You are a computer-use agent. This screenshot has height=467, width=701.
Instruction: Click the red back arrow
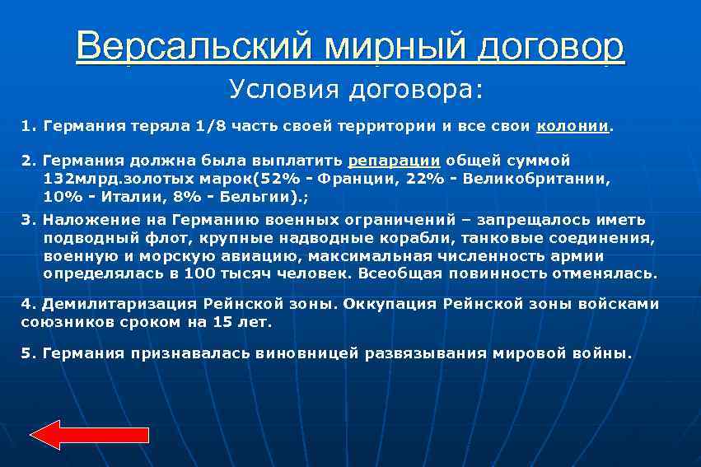[x=90, y=433]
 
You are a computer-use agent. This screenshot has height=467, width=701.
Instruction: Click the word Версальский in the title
[x=193, y=47]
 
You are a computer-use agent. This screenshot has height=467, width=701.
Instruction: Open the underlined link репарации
[x=394, y=161]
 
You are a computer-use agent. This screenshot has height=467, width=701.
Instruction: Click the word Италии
[x=131, y=197]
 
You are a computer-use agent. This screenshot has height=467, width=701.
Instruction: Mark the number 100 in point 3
[x=199, y=273]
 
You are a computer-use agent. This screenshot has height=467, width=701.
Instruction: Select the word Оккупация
[x=389, y=304]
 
